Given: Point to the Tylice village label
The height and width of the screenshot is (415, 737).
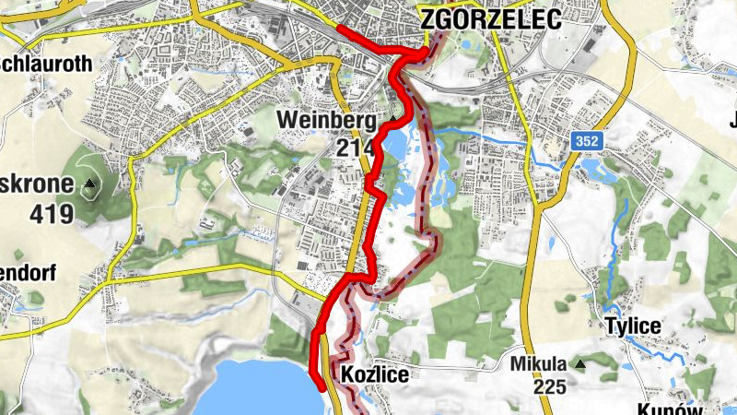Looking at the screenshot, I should click(633, 326).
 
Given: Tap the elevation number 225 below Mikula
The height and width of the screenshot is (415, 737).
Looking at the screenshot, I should click(549, 387).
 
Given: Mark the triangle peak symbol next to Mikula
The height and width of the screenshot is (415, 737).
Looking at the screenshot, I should click(580, 365).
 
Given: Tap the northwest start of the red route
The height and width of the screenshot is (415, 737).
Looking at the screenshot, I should click(340, 28).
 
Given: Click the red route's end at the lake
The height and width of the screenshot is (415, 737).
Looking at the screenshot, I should click(321, 387).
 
